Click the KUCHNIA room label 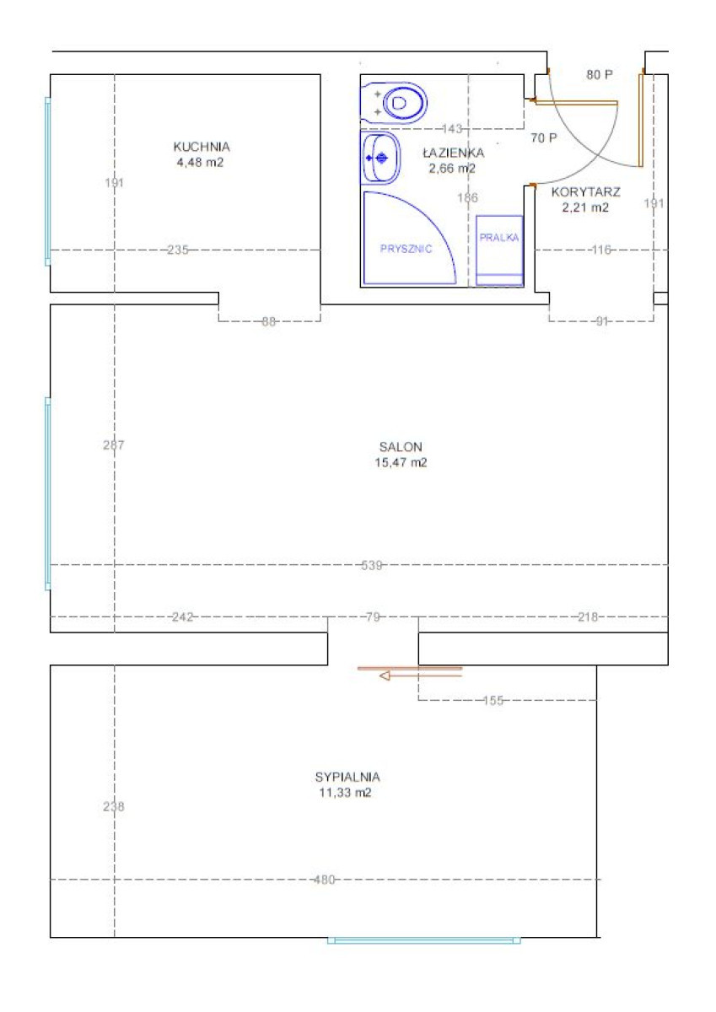(202, 147)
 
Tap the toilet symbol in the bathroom (394, 103)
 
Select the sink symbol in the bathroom (380, 159)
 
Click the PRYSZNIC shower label (406, 249)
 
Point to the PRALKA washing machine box (499, 250)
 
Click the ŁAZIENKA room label (454, 153)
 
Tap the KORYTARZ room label (586, 192)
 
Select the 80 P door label (600, 74)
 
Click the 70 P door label (544, 137)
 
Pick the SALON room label (401, 447)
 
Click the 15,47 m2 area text (401, 463)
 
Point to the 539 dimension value (372, 565)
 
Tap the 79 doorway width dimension (373, 616)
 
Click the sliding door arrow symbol (421, 676)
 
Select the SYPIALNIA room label (347, 777)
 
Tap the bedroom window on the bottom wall (423, 940)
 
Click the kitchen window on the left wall (47, 181)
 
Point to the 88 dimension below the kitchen (268, 321)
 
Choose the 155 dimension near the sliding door (493, 700)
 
